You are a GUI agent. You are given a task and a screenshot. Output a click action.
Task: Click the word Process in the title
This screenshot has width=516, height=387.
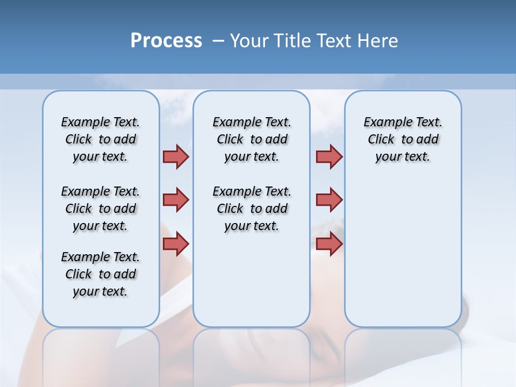[x=166, y=41]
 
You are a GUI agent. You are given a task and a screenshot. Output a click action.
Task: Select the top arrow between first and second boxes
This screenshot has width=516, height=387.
[x=176, y=156]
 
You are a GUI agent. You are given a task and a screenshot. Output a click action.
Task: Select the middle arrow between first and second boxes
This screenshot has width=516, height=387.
[x=176, y=200]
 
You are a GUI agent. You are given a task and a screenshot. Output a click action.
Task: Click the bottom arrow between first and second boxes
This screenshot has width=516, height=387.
[x=176, y=244]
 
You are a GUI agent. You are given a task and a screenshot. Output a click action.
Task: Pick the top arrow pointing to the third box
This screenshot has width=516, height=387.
[x=329, y=156]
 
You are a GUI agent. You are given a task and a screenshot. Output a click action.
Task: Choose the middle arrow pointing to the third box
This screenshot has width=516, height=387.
[x=329, y=200]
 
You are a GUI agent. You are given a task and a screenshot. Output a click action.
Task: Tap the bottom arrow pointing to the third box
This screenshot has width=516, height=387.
[x=329, y=244]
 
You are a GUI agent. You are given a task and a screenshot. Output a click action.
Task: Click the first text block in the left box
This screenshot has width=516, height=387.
[x=101, y=139]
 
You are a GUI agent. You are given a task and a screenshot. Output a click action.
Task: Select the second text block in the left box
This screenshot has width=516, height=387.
[x=101, y=209]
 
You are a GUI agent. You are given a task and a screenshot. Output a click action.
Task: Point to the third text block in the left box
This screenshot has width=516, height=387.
[x=101, y=274]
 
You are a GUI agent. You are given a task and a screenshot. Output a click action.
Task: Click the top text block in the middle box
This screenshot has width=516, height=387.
[x=252, y=139]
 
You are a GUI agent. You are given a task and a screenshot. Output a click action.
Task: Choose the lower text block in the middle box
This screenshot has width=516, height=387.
[x=252, y=209]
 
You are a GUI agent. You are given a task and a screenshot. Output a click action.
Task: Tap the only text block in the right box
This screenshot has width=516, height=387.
[x=403, y=139]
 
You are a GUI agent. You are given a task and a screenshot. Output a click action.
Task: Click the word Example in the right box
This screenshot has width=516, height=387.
[x=383, y=122]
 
